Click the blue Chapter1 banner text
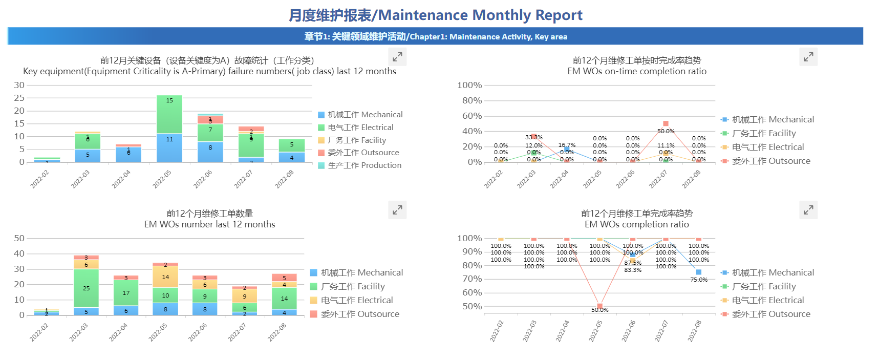click(436, 36)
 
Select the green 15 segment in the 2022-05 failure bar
click(169, 114)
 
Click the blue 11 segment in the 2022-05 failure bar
click(169, 147)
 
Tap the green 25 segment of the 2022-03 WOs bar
click(86, 288)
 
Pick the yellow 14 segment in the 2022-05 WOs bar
click(165, 277)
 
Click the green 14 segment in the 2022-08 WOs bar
click(284, 298)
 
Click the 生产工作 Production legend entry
click(359, 165)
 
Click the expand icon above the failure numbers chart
click(397, 57)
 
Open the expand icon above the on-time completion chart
click(808, 57)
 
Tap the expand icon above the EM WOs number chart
click(397, 210)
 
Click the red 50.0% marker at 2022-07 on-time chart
click(666, 123)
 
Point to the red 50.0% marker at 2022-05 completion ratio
click(599, 306)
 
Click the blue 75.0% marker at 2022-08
click(699, 272)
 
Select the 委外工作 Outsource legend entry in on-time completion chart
click(766, 161)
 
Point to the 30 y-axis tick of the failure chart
click(19, 85)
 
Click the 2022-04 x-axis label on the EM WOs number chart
click(119, 332)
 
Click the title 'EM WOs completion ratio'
click(637, 224)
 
